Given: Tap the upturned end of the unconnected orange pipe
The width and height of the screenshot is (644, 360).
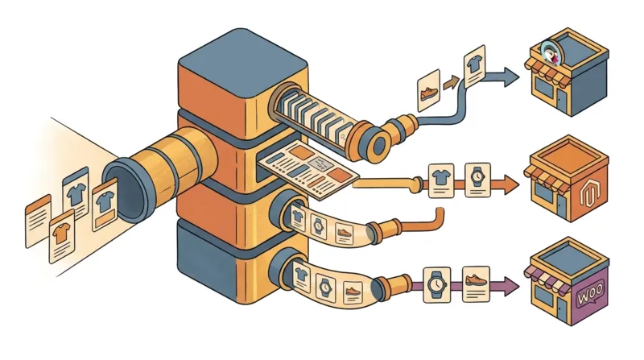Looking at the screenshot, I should tap(440, 215).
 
